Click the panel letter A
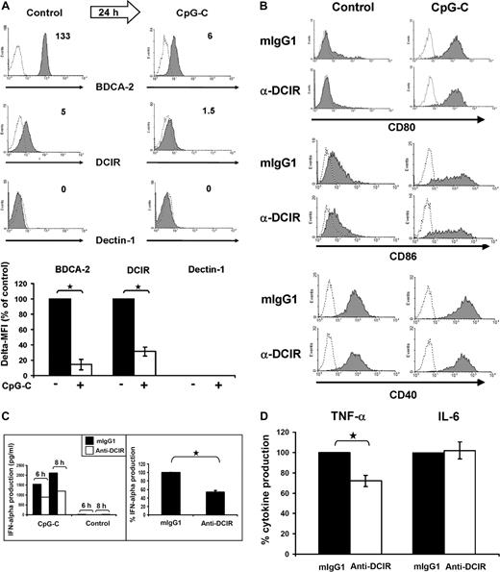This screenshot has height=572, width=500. (x=7, y=9)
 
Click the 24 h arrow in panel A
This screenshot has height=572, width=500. (x=113, y=13)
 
